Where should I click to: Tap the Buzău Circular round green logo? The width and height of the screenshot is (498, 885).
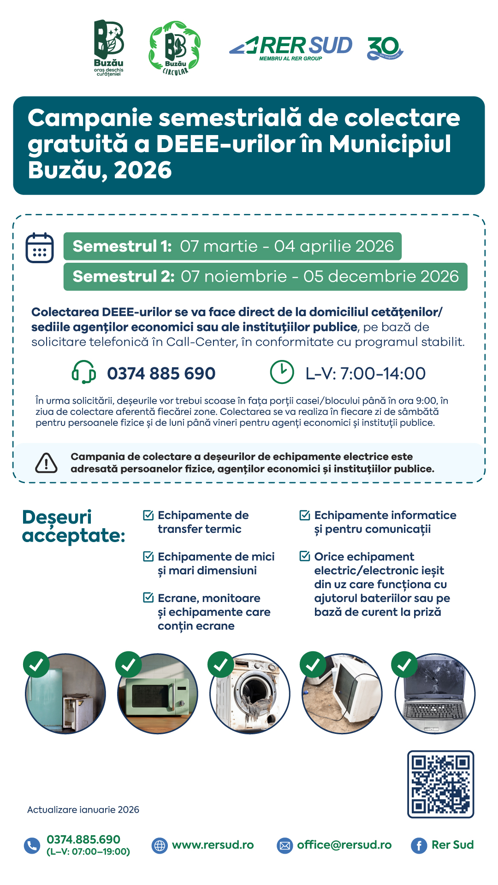[x=175, y=48]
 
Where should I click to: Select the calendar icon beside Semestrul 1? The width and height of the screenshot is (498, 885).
[x=40, y=248]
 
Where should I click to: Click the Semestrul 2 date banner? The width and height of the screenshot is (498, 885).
[x=265, y=277]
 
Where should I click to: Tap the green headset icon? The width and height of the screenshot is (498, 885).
[x=83, y=372]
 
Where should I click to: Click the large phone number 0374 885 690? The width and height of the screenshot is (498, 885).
[x=161, y=373]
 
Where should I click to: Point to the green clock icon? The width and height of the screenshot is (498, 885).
[x=282, y=372]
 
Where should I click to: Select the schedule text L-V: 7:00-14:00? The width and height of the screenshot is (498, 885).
[x=365, y=373]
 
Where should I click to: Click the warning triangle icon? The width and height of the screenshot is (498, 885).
[x=47, y=463]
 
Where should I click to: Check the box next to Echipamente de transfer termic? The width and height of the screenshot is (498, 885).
[x=148, y=515]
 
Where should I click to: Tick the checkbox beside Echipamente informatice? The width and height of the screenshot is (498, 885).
[x=305, y=515]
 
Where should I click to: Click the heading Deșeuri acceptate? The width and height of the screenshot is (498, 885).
[x=73, y=526]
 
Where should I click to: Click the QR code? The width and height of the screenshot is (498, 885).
[x=440, y=784]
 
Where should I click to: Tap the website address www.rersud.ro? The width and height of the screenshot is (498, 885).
[x=213, y=845]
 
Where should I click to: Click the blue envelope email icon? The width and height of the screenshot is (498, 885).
[x=285, y=845]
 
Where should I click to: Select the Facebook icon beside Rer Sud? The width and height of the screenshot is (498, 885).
[x=419, y=845]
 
